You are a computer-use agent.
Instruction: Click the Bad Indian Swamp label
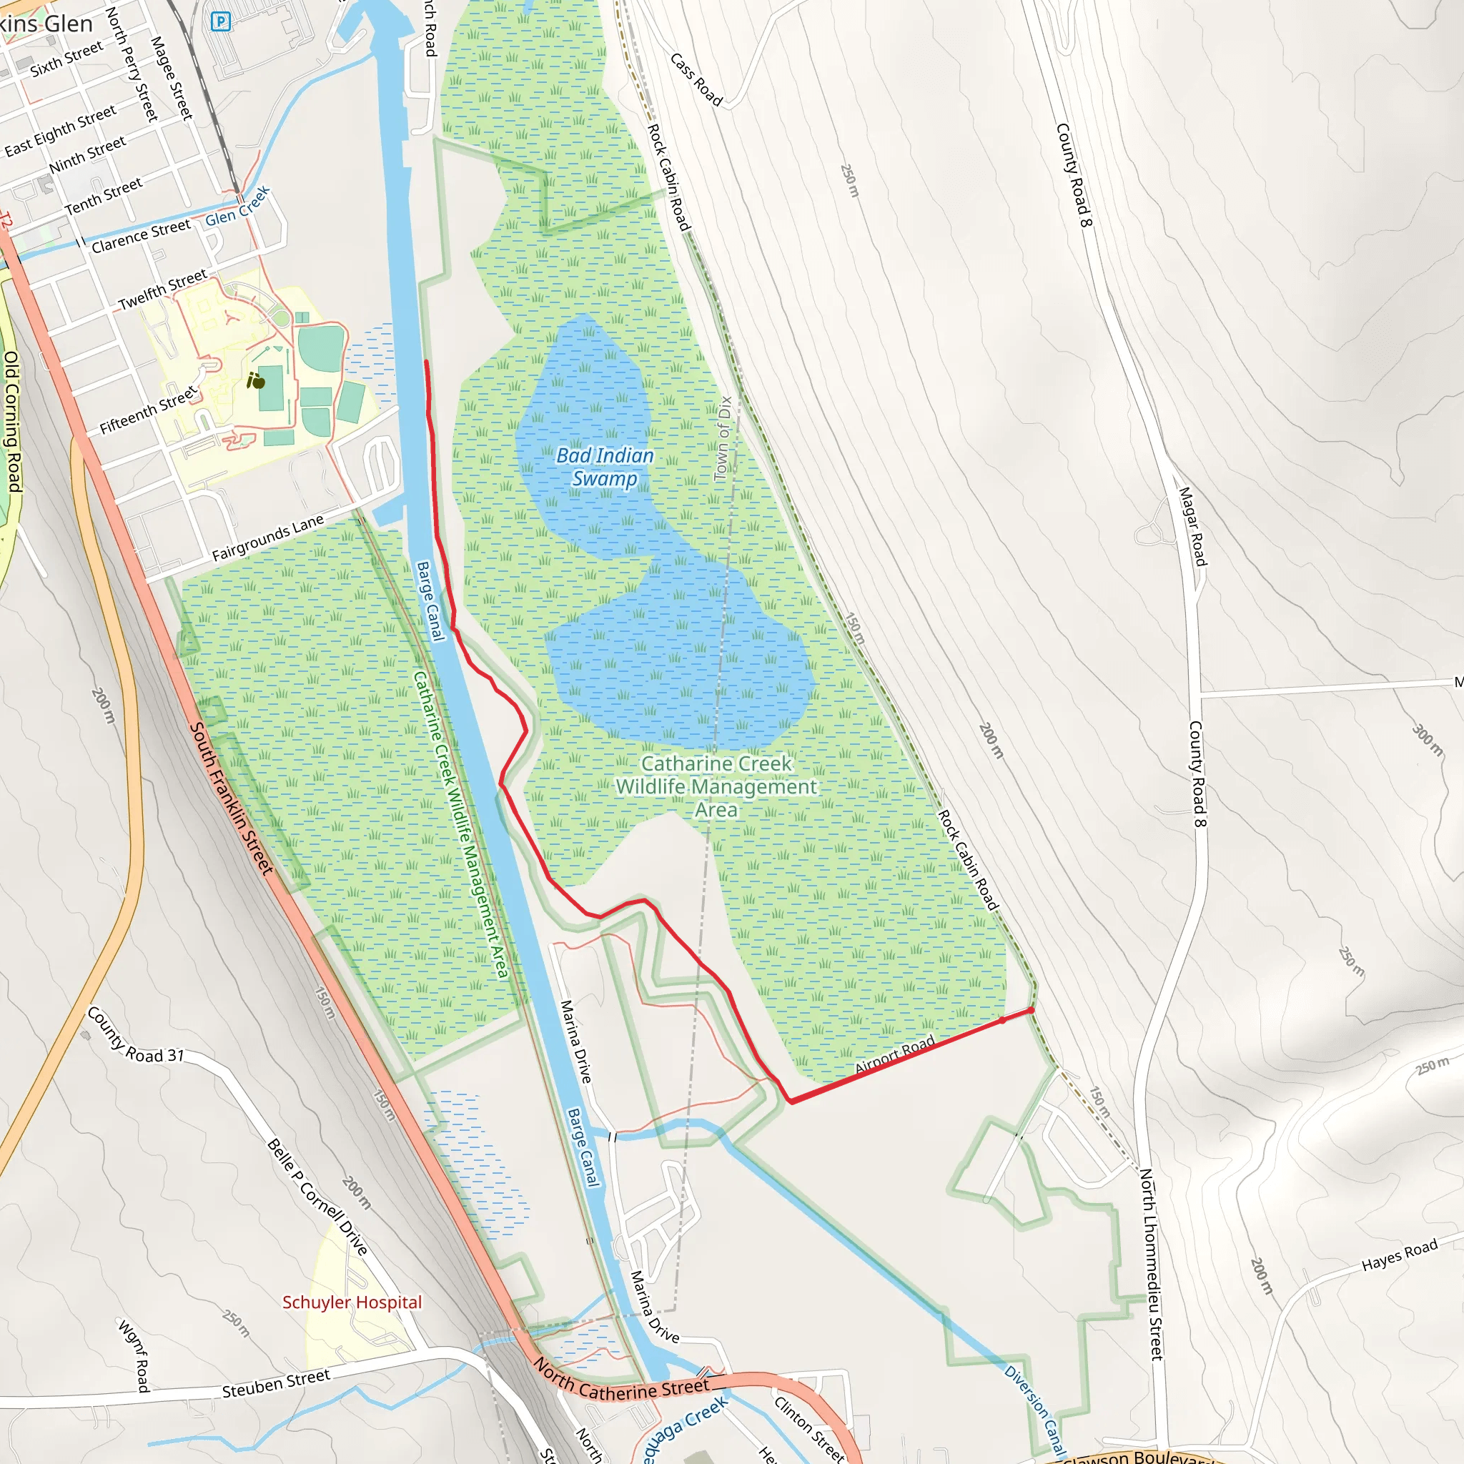click(604, 467)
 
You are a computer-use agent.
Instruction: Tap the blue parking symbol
click(220, 22)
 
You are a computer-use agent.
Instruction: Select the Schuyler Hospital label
click(352, 1302)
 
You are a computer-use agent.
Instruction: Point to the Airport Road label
click(895, 1054)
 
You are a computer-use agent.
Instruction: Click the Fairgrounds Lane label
click(267, 538)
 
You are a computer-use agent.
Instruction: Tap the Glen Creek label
click(237, 207)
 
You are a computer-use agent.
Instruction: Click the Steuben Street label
click(276, 1383)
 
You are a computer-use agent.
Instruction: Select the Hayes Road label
click(1399, 1255)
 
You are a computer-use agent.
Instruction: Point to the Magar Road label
click(1192, 526)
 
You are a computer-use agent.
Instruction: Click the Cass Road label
click(696, 79)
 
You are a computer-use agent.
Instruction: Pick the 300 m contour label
click(1428, 740)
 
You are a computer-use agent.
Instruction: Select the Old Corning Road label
click(12, 421)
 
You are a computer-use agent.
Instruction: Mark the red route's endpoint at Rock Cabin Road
click(1031, 1010)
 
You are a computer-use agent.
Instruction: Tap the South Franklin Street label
click(230, 798)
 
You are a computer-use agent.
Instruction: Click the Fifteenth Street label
click(148, 410)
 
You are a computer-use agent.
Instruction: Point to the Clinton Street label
click(808, 1428)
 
